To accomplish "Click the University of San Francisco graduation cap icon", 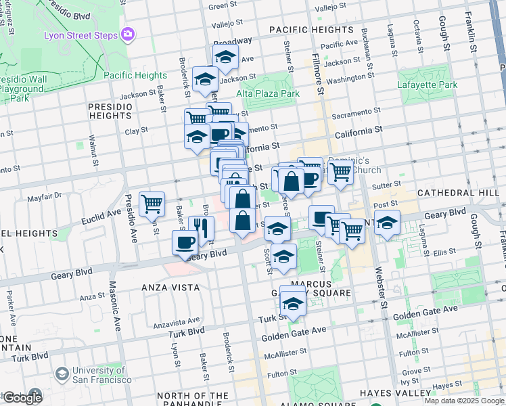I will (62, 374).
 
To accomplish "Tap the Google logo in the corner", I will (22, 398).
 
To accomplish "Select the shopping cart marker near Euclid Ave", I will (152, 204).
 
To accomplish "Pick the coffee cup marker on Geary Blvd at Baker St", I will (185, 242).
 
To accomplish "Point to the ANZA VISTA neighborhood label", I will (170, 288).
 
